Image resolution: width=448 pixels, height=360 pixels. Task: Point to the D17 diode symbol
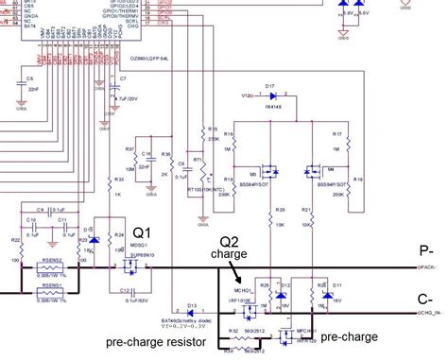coord(270,96)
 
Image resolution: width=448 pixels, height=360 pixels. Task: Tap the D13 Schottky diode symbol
coord(192,313)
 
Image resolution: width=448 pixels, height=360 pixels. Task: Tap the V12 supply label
coord(248,96)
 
